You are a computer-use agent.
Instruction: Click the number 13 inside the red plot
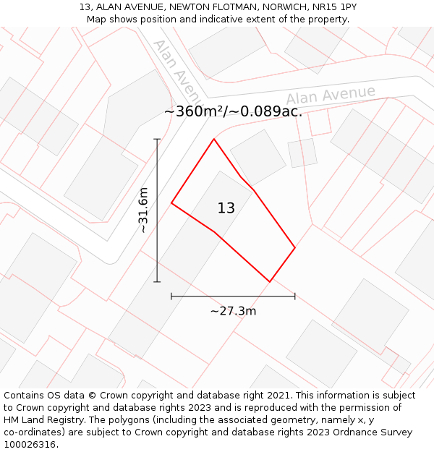(x=226, y=208)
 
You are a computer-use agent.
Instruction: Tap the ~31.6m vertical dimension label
(x=143, y=210)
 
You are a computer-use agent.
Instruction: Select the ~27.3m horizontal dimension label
(x=233, y=311)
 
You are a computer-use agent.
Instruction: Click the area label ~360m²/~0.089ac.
(x=233, y=111)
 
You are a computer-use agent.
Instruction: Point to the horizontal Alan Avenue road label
(x=331, y=95)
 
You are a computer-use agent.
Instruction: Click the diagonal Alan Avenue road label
(x=176, y=70)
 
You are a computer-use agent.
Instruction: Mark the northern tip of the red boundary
(x=213, y=139)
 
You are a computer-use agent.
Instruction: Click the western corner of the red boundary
(x=171, y=203)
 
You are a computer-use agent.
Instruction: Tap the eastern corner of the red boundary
(x=294, y=248)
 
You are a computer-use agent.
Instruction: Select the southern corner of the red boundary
(x=269, y=281)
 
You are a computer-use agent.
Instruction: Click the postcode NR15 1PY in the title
(x=333, y=7)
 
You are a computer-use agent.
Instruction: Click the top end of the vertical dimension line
(x=157, y=139)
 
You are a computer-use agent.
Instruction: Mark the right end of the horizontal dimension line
(x=294, y=296)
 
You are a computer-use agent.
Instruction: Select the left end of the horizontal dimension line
(x=171, y=296)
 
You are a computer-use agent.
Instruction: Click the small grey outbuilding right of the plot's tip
(x=302, y=153)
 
